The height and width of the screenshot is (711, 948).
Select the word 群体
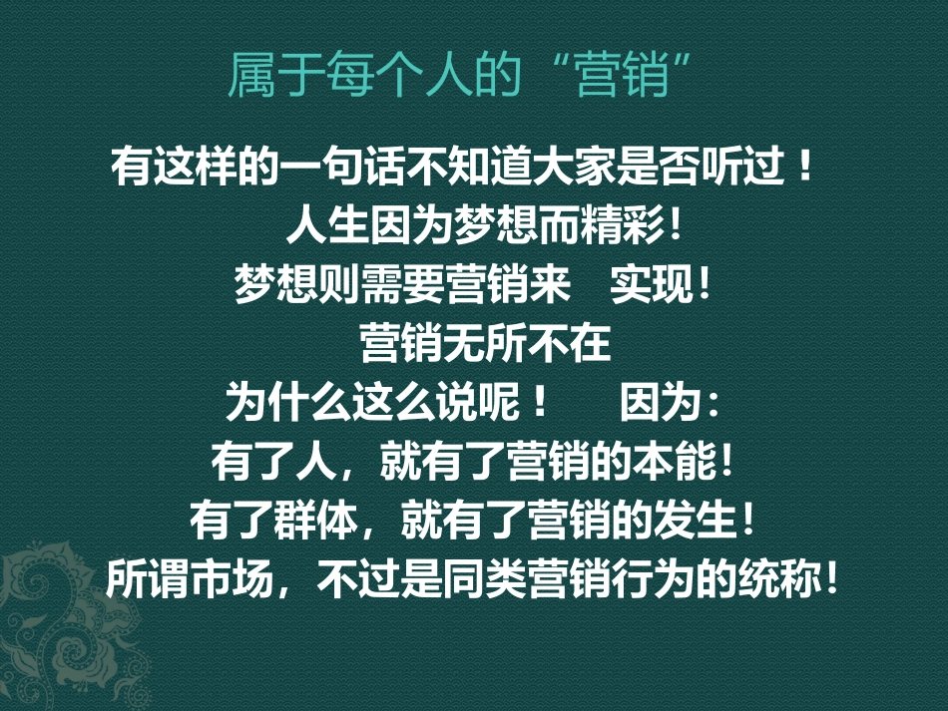311,519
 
